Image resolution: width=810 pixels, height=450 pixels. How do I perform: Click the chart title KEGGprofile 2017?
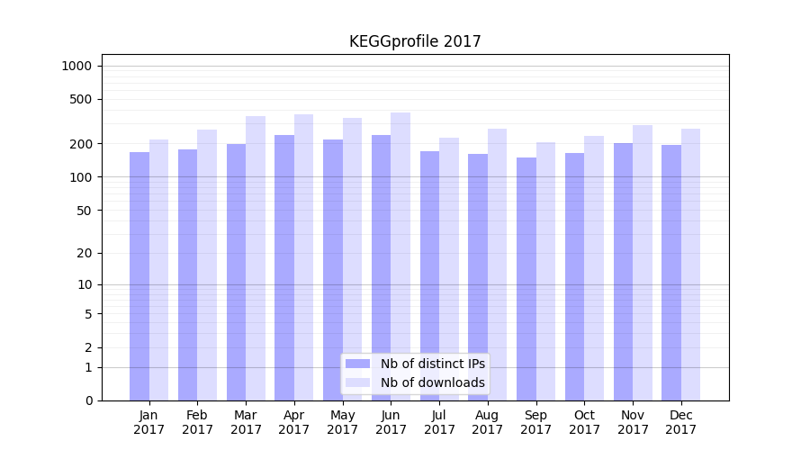point(415,41)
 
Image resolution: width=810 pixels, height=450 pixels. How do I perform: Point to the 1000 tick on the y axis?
point(76,66)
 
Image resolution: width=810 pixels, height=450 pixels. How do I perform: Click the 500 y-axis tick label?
point(81,99)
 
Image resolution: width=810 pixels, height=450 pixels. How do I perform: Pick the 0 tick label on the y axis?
point(88,400)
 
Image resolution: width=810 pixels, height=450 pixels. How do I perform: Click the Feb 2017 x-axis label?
point(197,422)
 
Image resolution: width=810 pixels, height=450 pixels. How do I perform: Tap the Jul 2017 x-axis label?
point(439,422)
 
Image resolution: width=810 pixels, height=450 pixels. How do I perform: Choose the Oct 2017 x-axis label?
point(584,422)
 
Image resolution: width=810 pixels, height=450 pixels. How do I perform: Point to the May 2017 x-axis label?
point(342,422)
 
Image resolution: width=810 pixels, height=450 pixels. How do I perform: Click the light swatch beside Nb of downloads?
point(357,382)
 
